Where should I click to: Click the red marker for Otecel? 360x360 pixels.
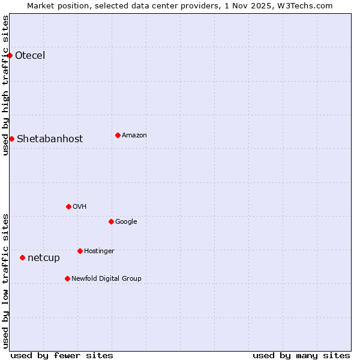[10, 55]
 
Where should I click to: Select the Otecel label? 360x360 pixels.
[30, 56]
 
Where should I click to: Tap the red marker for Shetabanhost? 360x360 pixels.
[11, 139]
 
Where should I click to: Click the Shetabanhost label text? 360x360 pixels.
[50, 139]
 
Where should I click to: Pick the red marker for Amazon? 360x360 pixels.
[118, 135]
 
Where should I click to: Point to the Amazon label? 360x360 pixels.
[134, 135]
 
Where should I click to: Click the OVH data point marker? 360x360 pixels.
[68, 206]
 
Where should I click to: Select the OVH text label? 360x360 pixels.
[80, 206]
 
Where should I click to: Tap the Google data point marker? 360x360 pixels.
[111, 221]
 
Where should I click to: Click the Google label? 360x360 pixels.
[126, 221]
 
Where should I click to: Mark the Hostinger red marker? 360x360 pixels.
[80, 251]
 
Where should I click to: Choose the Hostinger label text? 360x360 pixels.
[99, 251]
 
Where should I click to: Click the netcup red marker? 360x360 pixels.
[22, 257]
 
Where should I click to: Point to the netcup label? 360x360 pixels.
[44, 258]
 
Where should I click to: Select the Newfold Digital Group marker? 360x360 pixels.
[67, 278]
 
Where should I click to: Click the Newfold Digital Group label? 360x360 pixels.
[106, 278]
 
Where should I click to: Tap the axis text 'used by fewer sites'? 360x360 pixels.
[62, 355]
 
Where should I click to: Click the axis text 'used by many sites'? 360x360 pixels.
[301, 355]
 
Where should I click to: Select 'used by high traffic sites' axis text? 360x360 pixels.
[5, 85]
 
